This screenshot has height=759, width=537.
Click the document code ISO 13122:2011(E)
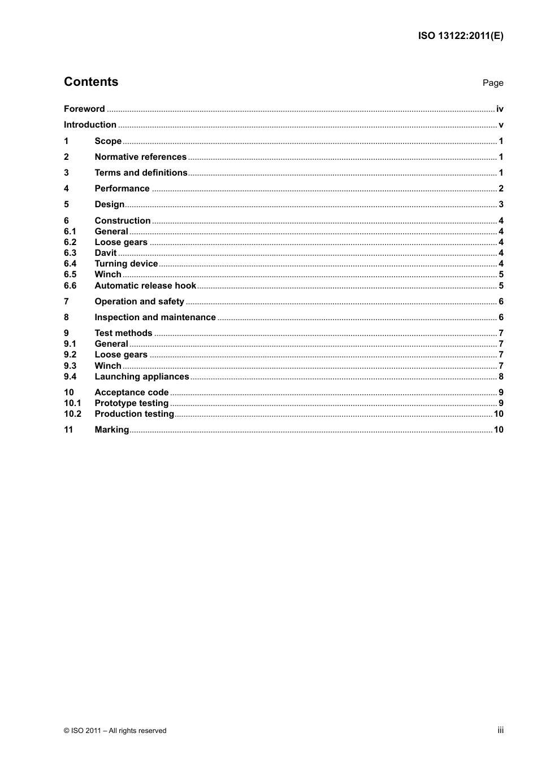click(460, 36)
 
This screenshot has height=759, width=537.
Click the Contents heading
click(91, 82)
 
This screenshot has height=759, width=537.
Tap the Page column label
click(492, 83)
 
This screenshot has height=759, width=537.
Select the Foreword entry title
click(84, 109)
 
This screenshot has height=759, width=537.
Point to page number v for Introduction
click(501, 125)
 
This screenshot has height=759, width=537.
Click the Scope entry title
click(108, 141)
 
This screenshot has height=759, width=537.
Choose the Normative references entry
click(140, 157)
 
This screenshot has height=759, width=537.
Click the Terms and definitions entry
click(141, 173)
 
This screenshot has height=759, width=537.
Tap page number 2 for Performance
click(501, 189)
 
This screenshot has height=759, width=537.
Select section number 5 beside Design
click(67, 204)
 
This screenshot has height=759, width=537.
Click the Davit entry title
click(106, 253)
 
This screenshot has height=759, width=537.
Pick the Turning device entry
click(126, 264)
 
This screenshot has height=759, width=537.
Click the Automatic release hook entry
click(145, 286)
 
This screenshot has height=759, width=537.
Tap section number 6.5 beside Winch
click(70, 274)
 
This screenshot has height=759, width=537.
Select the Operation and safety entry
click(139, 302)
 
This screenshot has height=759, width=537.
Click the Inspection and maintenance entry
click(155, 317)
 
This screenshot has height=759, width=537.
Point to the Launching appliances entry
click(142, 377)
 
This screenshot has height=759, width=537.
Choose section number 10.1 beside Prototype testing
click(72, 403)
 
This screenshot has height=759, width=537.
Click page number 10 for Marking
click(499, 430)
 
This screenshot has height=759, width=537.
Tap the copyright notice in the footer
click(115, 731)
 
